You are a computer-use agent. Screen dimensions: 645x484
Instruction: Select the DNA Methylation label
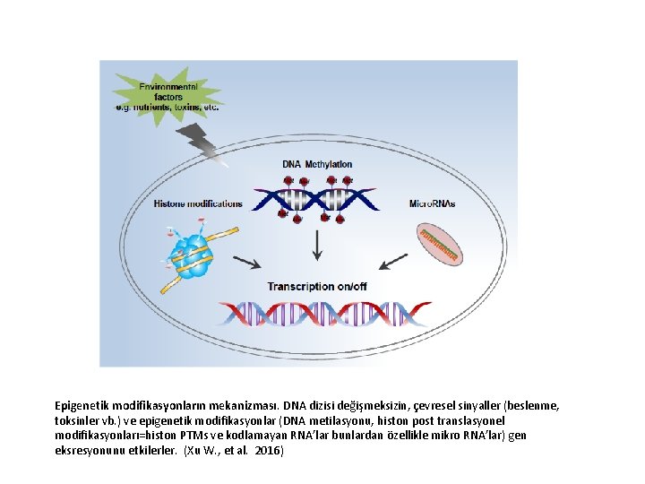[317, 164]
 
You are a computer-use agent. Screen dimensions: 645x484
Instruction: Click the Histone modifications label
[198, 203]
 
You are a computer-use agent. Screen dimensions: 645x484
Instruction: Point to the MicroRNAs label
[432, 203]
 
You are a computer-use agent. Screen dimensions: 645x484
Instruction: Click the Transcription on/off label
[317, 286]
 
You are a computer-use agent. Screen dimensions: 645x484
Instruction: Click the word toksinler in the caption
[78, 420]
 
